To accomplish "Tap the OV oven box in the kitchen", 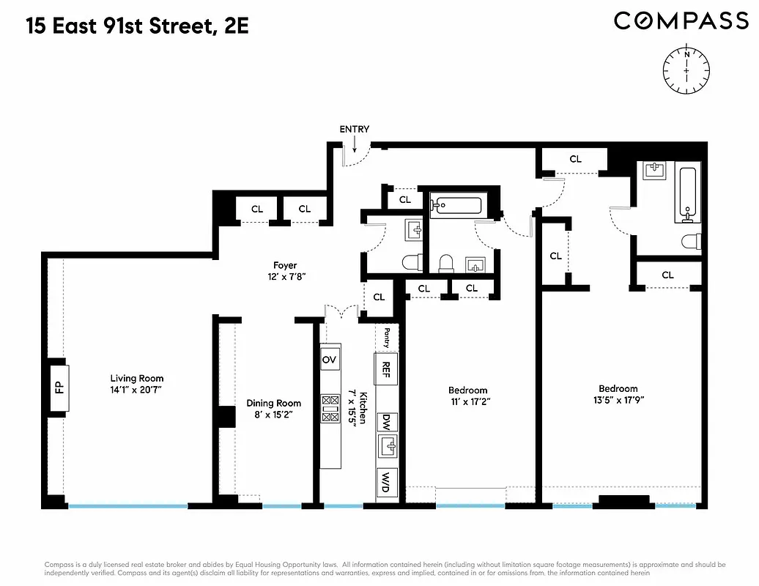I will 330,360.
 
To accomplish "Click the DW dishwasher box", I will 385,422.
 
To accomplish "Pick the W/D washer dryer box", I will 386,483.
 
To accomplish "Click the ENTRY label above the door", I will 354,130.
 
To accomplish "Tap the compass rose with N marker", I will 686,70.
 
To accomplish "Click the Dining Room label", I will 273,403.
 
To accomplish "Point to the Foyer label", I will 285,265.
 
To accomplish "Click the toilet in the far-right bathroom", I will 691,241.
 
